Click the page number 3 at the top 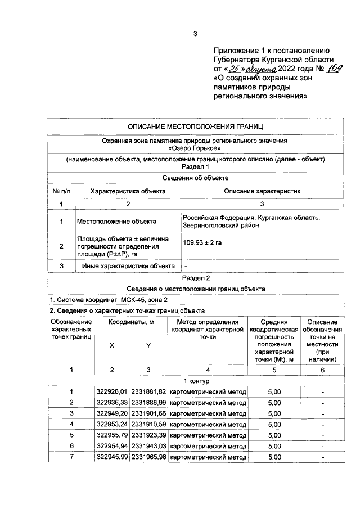tap(195, 34)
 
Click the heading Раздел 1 tap(195, 167)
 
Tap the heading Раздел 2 tap(195, 278)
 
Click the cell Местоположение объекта tap(116, 221)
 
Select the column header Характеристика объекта tap(128, 191)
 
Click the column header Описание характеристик tap(263, 191)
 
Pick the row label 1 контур tap(195, 381)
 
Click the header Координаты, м tap(130, 321)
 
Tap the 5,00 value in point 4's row tap(274, 425)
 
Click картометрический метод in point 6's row tap(208, 446)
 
